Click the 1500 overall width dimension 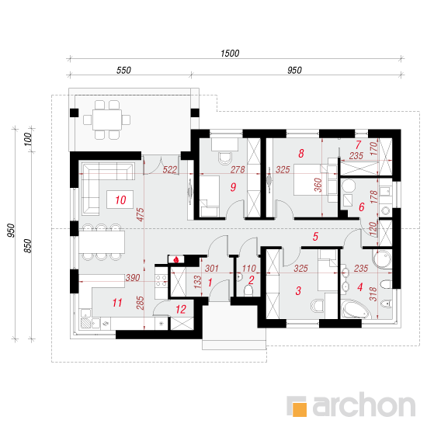click(230, 54)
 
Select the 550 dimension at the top click(123, 70)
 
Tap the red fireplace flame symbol click(176, 259)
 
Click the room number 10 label click(120, 200)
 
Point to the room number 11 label click(117, 303)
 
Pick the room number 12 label click(181, 309)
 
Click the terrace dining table click(107, 120)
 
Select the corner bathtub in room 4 click(356, 309)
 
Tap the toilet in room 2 click(248, 290)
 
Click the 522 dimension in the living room click(170, 170)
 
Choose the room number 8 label click(301, 154)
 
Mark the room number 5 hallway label click(315, 236)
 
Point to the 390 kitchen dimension click(133, 278)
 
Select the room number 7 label click(359, 144)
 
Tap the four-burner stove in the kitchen click(161, 280)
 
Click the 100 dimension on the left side click(28, 139)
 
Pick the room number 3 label click(298, 290)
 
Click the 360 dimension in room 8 click(318, 185)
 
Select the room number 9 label click(233, 187)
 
